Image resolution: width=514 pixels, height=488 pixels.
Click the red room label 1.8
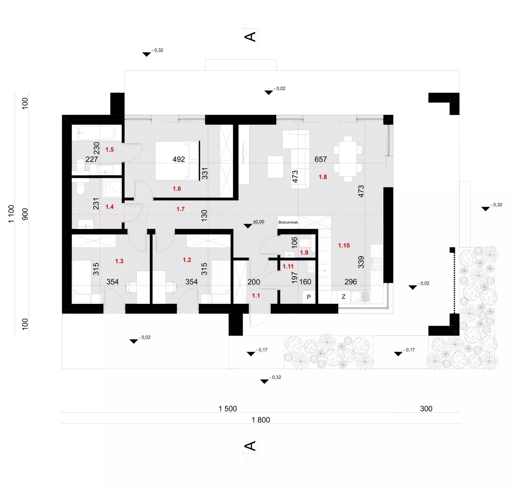pos(323,177)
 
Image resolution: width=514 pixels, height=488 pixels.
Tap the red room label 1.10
pos(344,245)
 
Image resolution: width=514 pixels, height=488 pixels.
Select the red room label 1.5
pos(109,150)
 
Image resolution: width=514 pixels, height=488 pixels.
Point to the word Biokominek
pos(288,222)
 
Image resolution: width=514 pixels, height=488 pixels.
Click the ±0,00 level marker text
pos(258,222)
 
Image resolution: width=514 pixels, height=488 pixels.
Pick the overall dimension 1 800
pos(261,420)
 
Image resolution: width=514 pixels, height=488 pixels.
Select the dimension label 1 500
pos(228,408)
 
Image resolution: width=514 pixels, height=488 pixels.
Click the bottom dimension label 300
pos(426,408)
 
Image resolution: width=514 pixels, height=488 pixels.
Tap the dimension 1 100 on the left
pos(11,214)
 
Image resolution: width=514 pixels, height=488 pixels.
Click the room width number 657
pos(321,160)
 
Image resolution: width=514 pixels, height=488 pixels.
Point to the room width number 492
pos(179,160)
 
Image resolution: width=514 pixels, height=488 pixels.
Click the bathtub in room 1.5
pos(96,133)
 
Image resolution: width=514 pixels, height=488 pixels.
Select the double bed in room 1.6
pos(177,161)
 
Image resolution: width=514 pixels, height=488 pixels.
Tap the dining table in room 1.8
pos(348,159)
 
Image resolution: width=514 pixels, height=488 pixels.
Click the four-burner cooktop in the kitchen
pos(376,264)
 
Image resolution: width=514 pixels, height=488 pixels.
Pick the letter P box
pos(309,297)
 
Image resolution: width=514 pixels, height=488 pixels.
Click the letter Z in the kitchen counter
pos(343,297)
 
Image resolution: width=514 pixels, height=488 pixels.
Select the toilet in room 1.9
pos(304,243)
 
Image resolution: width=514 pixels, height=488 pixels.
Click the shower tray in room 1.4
pos(112,188)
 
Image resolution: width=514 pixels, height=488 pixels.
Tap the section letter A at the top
pos(250,37)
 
